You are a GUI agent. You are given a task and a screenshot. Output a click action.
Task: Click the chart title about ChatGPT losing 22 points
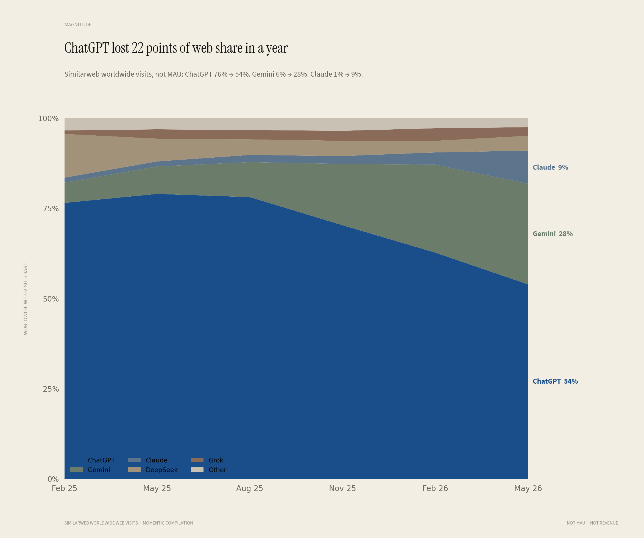(176, 48)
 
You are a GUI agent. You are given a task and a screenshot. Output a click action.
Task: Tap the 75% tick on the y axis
(51, 208)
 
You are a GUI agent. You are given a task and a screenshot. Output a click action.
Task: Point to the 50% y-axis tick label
(51, 299)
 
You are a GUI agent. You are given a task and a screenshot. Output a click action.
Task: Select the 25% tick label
(51, 389)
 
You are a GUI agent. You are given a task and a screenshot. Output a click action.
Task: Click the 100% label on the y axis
(48, 118)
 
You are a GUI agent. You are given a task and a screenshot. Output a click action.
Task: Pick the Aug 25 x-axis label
(250, 488)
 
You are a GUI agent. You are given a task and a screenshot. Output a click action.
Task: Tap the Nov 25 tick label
(342, 488)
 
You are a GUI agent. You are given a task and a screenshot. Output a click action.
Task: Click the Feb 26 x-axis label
(435, 488)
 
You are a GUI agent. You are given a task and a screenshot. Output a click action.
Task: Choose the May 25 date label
(157, 488)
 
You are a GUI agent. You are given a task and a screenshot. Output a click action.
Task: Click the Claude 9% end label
(550, 167)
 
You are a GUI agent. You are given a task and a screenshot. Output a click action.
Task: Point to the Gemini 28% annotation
(553, 234)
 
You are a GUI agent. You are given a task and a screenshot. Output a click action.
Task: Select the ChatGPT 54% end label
(555, 381)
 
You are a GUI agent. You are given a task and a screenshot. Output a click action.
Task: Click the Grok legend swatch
(197, 460)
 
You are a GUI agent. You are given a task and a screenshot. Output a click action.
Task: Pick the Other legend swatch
(197, 470)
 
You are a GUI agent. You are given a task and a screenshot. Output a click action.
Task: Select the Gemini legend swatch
(76, 470)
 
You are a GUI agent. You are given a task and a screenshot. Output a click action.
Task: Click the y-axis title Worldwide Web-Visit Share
(26, 299)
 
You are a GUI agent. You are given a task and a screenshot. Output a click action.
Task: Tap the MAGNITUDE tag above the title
(78, 24)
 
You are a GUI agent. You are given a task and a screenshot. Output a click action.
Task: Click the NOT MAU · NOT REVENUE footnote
(592, 523)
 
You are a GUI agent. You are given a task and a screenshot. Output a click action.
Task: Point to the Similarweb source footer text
(129, 523)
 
